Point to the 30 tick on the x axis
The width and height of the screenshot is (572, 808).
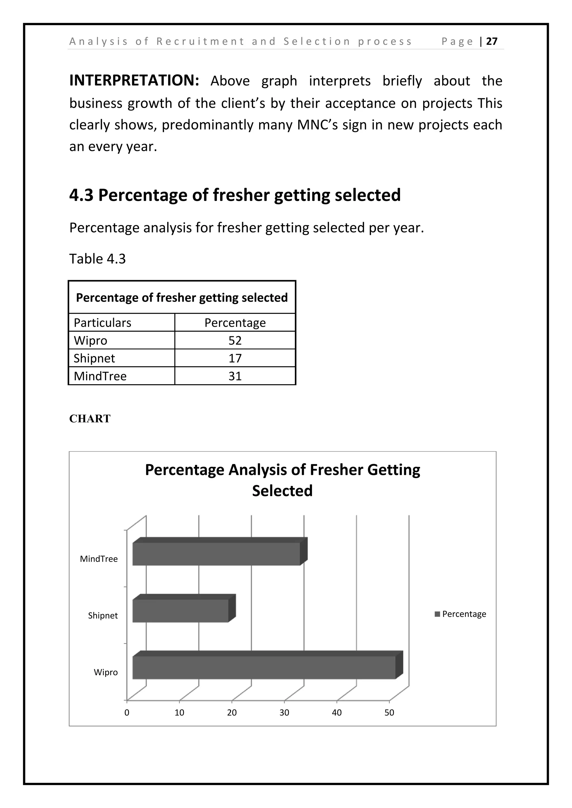(284, 713)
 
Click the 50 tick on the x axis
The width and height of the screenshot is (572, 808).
(389, 713)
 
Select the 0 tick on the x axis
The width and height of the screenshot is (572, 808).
(127, 713)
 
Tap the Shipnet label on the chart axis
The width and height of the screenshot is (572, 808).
(103, 615)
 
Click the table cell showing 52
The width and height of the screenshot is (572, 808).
(235, 340)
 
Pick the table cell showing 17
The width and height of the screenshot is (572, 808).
(235, 358)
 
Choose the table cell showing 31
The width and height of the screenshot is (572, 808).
(235, 376)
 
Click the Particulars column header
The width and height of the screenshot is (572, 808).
(102, 323)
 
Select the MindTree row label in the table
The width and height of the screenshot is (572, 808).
(100, 376)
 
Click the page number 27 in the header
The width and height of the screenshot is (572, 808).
(492, 42)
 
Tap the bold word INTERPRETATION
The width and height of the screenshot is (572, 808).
(134, 81)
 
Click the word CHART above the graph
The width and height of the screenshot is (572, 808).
(90, 419)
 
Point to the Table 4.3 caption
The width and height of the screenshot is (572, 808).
(97, 259)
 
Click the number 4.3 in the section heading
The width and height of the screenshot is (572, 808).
(81, 195)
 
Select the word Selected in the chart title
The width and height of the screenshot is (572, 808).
(282, 490)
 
